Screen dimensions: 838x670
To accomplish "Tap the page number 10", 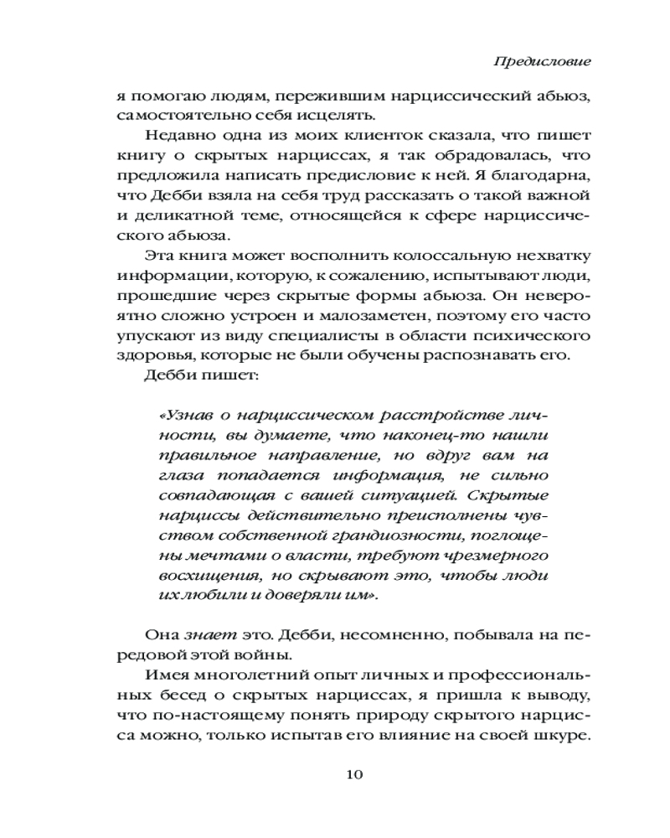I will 353,773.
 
